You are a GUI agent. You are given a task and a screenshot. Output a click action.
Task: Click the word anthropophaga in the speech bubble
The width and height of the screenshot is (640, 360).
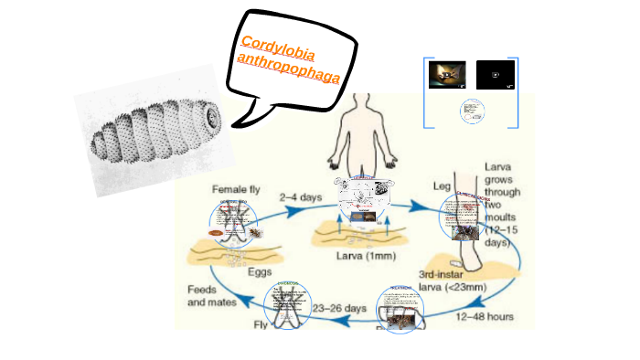288,69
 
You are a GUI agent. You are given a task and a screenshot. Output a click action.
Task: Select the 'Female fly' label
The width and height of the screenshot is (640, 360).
237,189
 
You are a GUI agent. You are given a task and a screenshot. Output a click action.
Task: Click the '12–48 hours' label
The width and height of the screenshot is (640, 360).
485,317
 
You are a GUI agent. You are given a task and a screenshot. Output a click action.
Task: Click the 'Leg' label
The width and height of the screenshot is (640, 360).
443,185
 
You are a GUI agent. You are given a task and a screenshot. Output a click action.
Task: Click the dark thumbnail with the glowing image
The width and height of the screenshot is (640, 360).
447,75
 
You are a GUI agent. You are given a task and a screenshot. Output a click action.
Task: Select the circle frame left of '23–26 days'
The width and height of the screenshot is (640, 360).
288,306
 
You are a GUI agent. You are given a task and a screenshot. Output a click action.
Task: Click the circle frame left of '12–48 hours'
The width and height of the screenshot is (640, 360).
400,308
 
